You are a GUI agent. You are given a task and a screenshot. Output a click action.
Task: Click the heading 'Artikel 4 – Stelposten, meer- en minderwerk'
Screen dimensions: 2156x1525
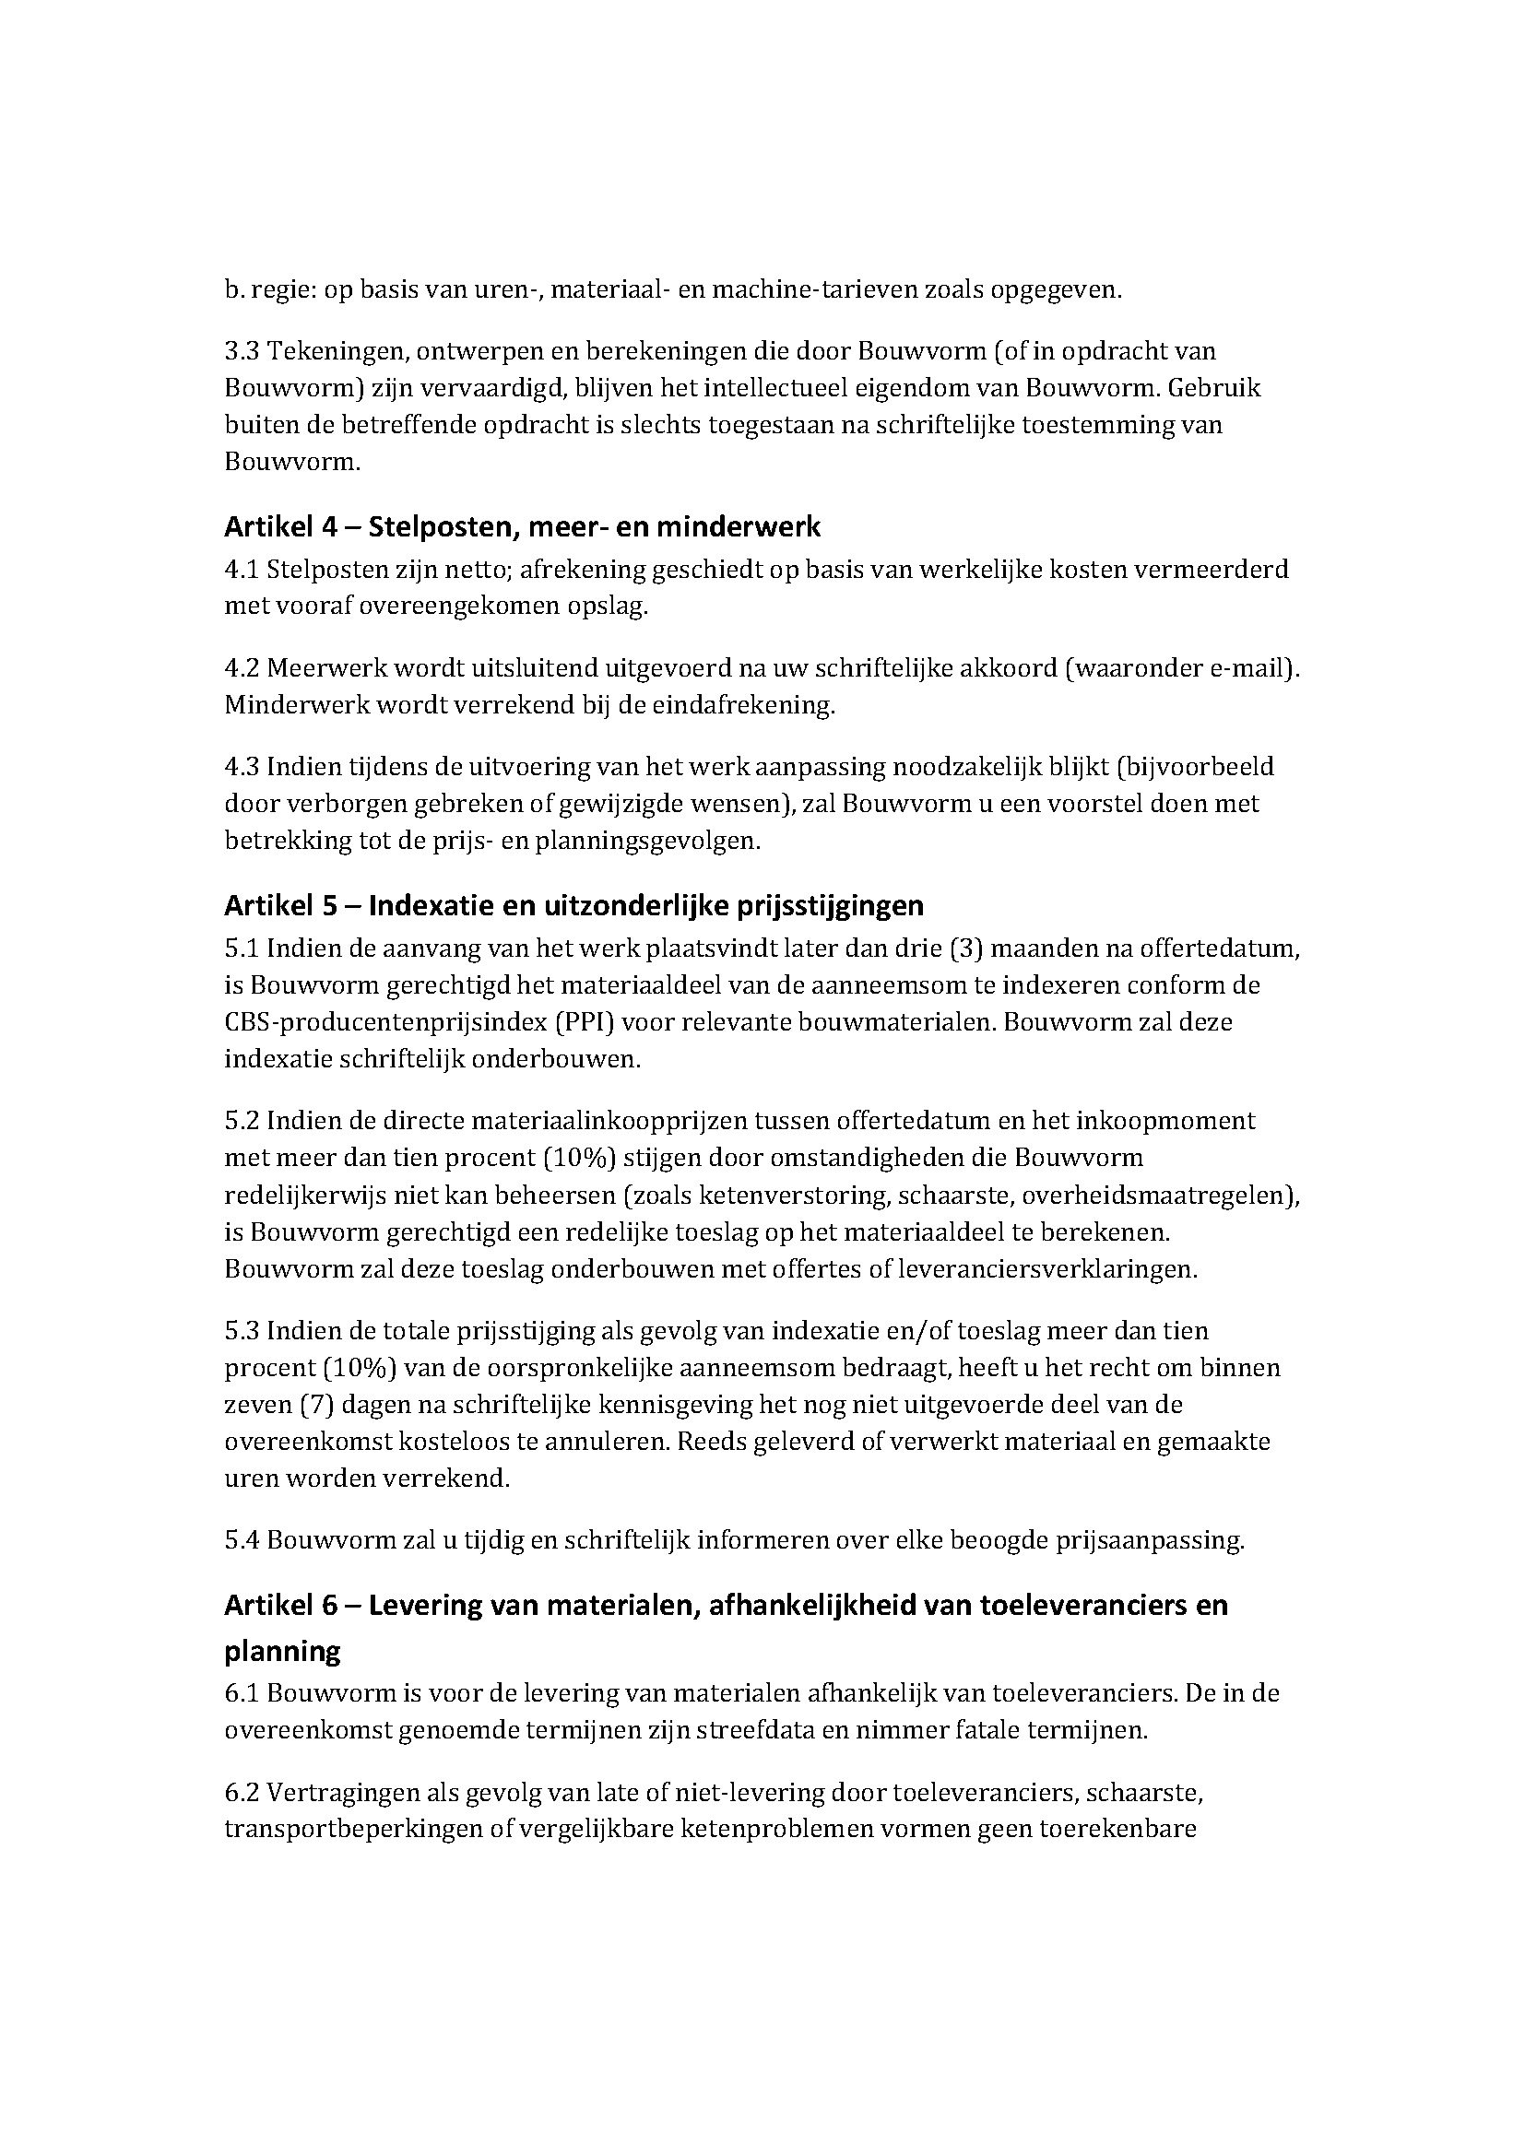[x=522, y=527]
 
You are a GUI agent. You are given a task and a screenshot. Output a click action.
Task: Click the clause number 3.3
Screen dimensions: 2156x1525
[x=242, y=351]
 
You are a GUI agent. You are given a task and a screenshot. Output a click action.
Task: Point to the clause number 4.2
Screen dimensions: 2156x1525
[x=242, y=668]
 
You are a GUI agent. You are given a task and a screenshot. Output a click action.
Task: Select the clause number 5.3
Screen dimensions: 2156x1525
[x=242, y=1331]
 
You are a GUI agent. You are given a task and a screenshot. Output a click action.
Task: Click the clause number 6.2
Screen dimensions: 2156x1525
[x=242, y=1794]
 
